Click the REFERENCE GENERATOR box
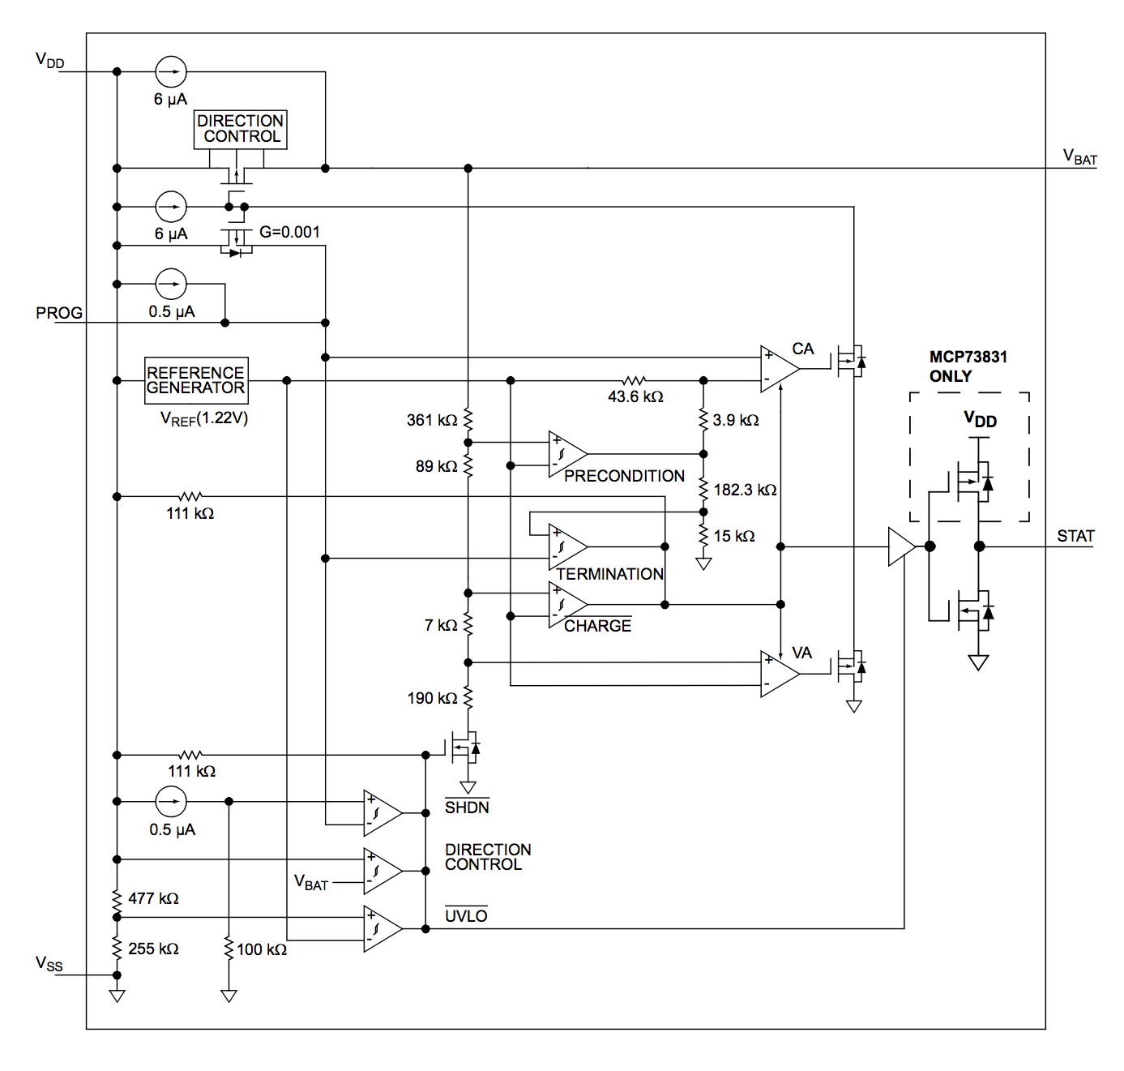pos(195,380)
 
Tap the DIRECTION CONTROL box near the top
pos(240,129)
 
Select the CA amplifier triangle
pos(779,369)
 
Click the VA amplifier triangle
pos(779,674)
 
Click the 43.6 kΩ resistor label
pos(635,396)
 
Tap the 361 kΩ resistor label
pos(432,420)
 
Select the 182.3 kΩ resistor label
pos(745,490)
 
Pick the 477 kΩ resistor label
pos(153,898)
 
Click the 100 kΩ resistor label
pos(261,949)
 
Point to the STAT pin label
pos(1075,536)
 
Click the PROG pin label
pos(59,313)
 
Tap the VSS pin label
pos(49,963)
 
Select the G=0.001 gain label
pos(289,232)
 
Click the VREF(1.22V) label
pos(204,418)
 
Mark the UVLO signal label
pos(466,915)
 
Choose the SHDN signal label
pos(467,807)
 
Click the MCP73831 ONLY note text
pos(968,366)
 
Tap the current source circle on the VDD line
pos(171,72)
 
